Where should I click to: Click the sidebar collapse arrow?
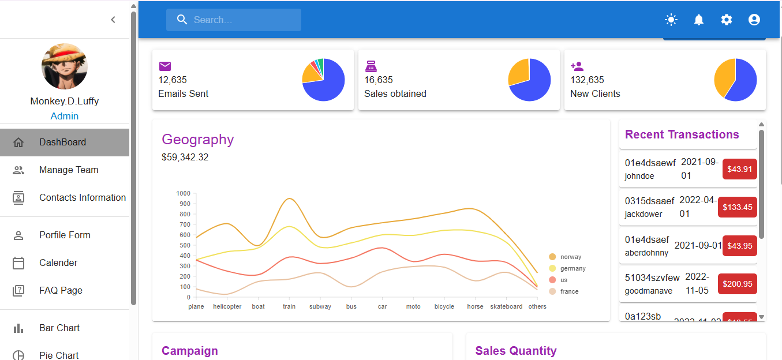113,20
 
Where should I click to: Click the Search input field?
234,20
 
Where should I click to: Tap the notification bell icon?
698,20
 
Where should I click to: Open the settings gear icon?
726,20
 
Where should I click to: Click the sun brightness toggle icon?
671,20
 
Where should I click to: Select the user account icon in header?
754,20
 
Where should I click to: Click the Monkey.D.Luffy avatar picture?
65,66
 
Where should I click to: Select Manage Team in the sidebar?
69,170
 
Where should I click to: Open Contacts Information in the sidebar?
82,198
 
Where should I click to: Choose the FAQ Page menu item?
61,291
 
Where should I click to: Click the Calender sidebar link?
58,263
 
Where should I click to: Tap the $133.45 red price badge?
737,207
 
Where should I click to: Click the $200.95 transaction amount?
737,284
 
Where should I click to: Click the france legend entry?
569,291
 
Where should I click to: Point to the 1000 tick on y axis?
184,193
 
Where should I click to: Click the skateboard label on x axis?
506,307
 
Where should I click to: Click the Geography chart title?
198,140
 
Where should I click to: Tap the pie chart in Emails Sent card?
323,80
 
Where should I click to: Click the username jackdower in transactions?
643,214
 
